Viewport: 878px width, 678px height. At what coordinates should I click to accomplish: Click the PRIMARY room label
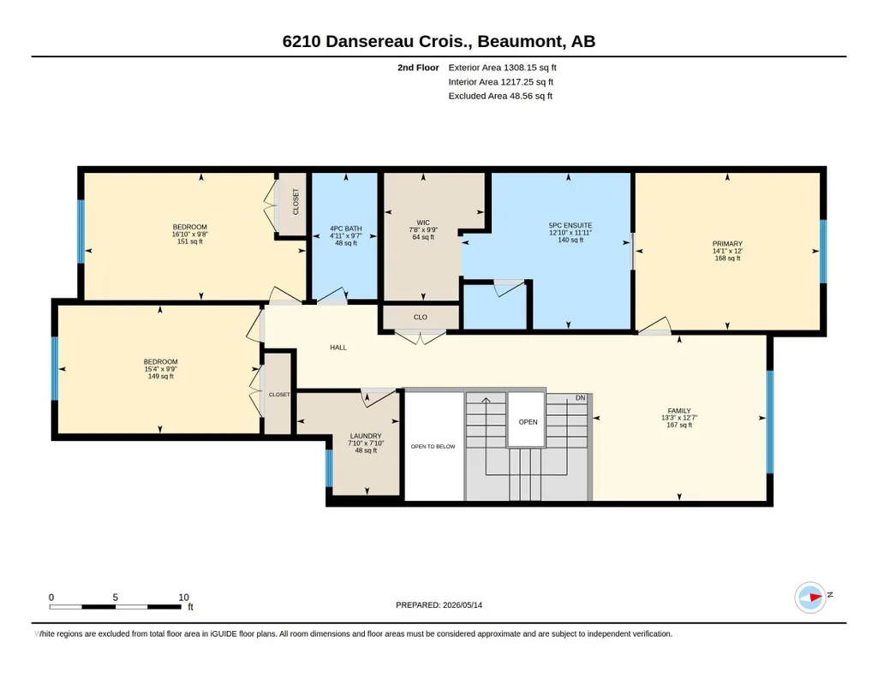pos(727,243)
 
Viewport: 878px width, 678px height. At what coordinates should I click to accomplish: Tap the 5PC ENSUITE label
pos(570,225)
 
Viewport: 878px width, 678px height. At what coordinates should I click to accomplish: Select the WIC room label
pos(423,223)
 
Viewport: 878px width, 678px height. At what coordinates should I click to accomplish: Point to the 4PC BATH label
pos(346,229)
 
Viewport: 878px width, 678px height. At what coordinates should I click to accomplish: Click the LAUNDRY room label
pos(366,436)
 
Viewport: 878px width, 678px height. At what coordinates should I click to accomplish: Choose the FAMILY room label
pos(679,411)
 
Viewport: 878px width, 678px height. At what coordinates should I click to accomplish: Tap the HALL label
pos(338,348)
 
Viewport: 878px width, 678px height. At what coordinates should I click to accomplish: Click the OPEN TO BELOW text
pos(433,446)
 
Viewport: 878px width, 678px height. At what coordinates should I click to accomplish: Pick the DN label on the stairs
pos(581,398)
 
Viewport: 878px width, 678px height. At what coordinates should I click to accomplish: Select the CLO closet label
pos(421,318)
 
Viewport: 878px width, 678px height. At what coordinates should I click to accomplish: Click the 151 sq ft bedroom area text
pos(190,241)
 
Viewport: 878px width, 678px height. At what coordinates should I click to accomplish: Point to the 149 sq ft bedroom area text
pos(161,377)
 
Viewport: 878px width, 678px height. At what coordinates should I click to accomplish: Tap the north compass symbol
pos(811,598)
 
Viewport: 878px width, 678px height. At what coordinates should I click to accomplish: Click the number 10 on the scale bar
pos(183,598)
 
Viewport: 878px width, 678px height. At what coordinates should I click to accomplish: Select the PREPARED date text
pos(439,604)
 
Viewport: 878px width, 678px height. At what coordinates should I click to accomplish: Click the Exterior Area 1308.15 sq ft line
pos(502,68)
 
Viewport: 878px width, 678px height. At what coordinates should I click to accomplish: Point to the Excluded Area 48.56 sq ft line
pos(500,96)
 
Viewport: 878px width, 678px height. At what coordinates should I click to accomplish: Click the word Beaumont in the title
pos(521,41)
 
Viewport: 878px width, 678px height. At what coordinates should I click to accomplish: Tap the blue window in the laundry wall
pos(329,468)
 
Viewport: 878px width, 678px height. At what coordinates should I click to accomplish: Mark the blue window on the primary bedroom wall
pos(823,251)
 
